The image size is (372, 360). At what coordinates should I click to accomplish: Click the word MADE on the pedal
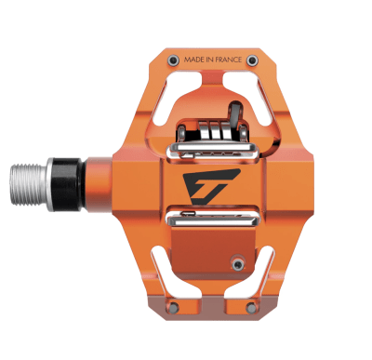pyautogui.click(x=195, y=60)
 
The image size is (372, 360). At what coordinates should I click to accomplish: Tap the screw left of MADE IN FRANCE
pyautogui.click(x=173, y=60)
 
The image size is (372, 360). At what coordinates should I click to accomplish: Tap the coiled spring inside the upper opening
pyautogui.click(x=212, y=130)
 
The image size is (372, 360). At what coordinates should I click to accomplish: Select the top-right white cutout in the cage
pyautogui.click(x=269, y=98)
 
